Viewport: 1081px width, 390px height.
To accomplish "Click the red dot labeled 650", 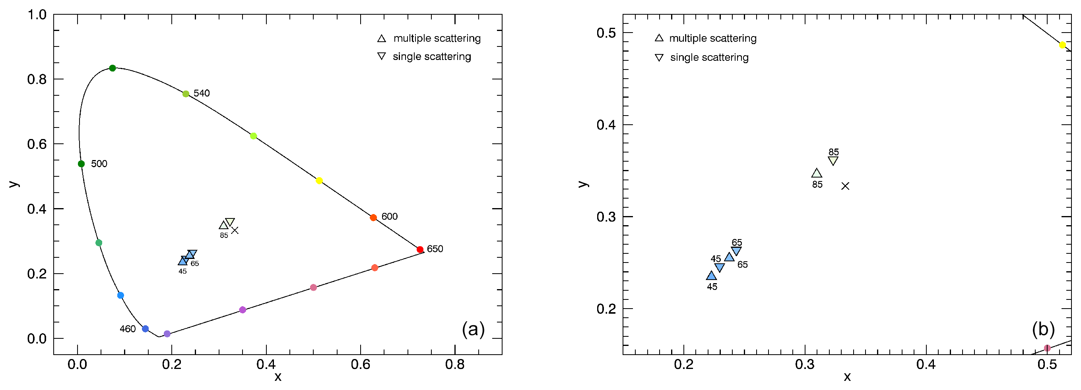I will click(420, 249).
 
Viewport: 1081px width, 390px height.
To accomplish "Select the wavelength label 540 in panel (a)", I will click(202, 93).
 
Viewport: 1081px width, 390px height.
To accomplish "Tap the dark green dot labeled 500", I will click(82, 164).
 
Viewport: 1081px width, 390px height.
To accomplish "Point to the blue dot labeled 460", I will click(145, 329).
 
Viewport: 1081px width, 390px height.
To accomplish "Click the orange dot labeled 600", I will click(373, 218).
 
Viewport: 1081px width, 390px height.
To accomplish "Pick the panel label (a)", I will click(473, 329).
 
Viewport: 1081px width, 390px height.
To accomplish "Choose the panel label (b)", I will click(1043, 329).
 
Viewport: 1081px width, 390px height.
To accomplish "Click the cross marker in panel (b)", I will click(845, 186).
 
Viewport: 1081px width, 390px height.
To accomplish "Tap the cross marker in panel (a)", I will click(235, 230).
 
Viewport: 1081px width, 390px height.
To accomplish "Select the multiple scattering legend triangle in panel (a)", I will click(381, 39).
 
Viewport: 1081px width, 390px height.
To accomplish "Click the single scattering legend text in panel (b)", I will click(709, 58).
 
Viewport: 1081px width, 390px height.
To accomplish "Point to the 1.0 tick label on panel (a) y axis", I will click(37, 15).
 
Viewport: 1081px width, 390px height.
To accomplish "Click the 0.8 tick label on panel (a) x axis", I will click(455, 365).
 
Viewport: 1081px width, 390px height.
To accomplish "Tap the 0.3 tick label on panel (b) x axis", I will click(804, 365).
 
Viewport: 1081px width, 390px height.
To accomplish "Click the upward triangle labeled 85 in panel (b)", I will click(817, 173).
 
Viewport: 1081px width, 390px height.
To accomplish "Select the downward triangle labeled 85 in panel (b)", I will click(833, 160).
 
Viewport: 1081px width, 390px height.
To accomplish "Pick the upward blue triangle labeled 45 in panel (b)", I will click(711, 276).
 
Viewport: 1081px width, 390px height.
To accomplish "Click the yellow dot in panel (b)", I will click(1063, 45).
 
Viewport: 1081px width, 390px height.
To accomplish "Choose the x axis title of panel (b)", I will click(847, 377).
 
